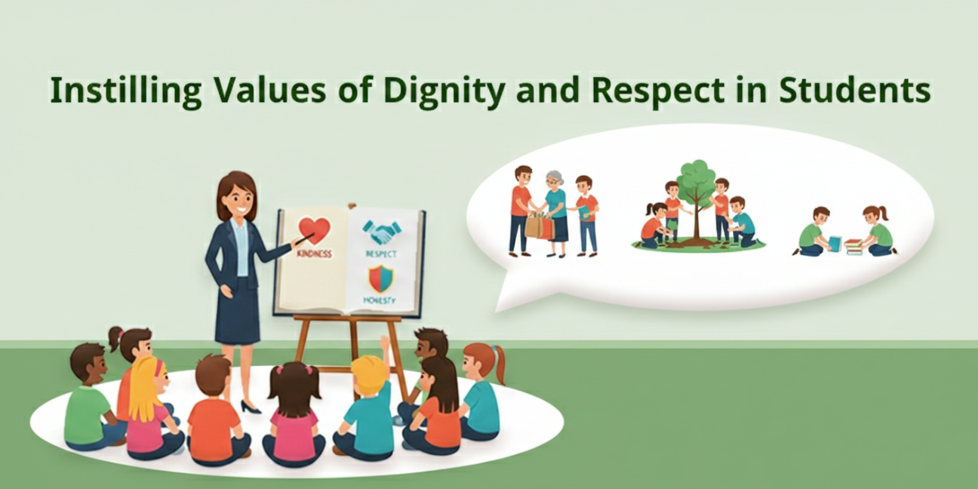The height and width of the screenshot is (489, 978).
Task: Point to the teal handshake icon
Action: (x=381, y=231)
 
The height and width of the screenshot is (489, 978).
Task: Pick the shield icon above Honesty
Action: (x=380, y=278)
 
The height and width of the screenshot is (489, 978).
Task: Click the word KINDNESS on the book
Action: (x=314, y=254)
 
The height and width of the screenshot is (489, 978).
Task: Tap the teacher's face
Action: (x=237, y=198)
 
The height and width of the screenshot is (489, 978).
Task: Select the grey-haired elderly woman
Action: (x=555, y=204)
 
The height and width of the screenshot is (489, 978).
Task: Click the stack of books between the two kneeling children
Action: (x=853, y=246)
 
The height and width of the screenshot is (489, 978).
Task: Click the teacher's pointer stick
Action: (x=303, y=238)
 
